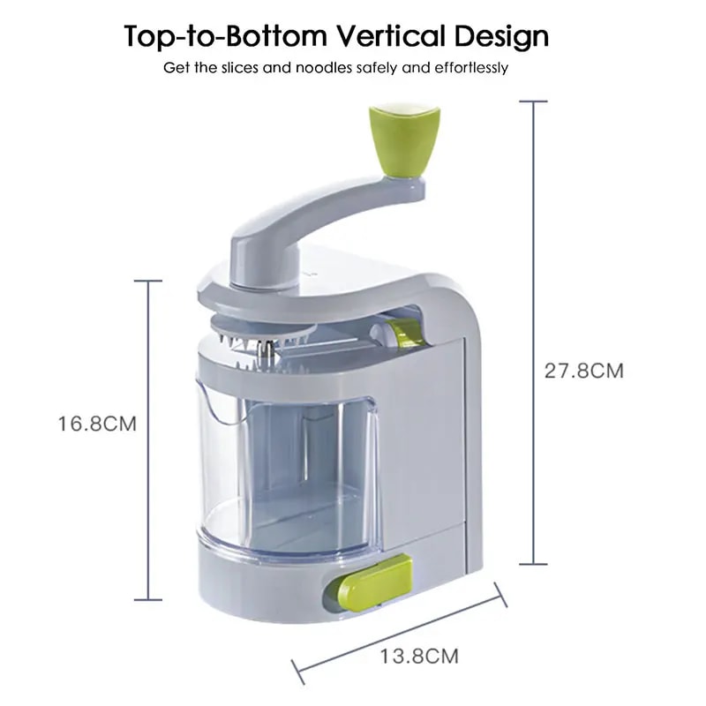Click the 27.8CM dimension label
tap(583, 371)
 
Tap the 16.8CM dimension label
tap(98, 423)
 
